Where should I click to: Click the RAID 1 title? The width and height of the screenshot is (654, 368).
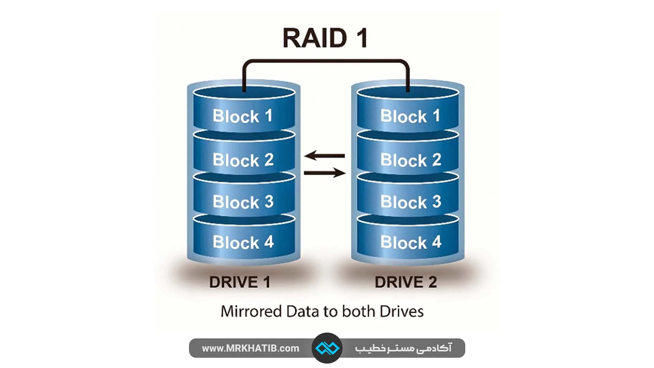coord(325,38)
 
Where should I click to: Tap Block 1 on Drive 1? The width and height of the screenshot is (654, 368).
coord(243,116)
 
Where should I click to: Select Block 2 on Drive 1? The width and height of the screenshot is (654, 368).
coord(243,159)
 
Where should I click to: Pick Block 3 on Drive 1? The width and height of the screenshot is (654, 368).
coord(243,201)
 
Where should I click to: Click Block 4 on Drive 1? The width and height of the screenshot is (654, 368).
coord(243,242)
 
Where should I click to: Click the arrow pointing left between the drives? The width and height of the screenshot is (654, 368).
coord(324,156)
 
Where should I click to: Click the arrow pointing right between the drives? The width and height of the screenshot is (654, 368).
coord(324,173)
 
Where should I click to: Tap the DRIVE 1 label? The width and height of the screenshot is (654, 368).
coord(240,282)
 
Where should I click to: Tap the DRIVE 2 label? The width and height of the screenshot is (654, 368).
coord(406,282)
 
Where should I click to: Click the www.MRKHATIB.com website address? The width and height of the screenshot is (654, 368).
coord(250,348)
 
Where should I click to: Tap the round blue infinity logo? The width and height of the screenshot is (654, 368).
coord(327,348)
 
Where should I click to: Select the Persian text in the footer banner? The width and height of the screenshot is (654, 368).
coord(403,348)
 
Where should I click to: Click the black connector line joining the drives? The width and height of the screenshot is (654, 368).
coord(325,61)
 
